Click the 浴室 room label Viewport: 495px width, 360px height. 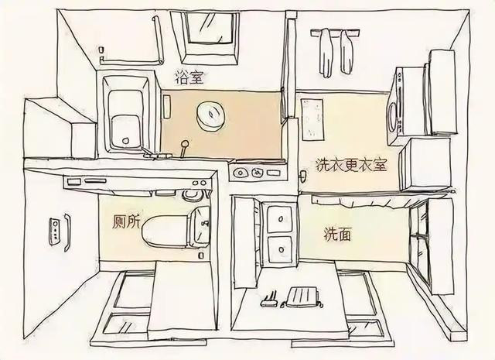click(189, 77)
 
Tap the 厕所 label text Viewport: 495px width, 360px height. click(125, 222)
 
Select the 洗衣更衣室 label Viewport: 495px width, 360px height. click(351, 165)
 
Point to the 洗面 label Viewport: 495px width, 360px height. click(337, 235)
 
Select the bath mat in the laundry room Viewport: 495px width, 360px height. click(312, 119)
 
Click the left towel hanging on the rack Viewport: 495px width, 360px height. click(326, 53)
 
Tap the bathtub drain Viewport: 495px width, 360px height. click(125, 140)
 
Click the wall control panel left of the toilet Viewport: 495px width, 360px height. click(54, 231)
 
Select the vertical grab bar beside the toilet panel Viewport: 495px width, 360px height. click(67, 232)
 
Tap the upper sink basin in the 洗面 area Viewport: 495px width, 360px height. click(279, 218)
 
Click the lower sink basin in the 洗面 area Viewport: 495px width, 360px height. click(280, 250)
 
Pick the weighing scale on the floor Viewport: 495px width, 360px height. click(302, 297)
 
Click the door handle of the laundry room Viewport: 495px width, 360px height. click(302, 176)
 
